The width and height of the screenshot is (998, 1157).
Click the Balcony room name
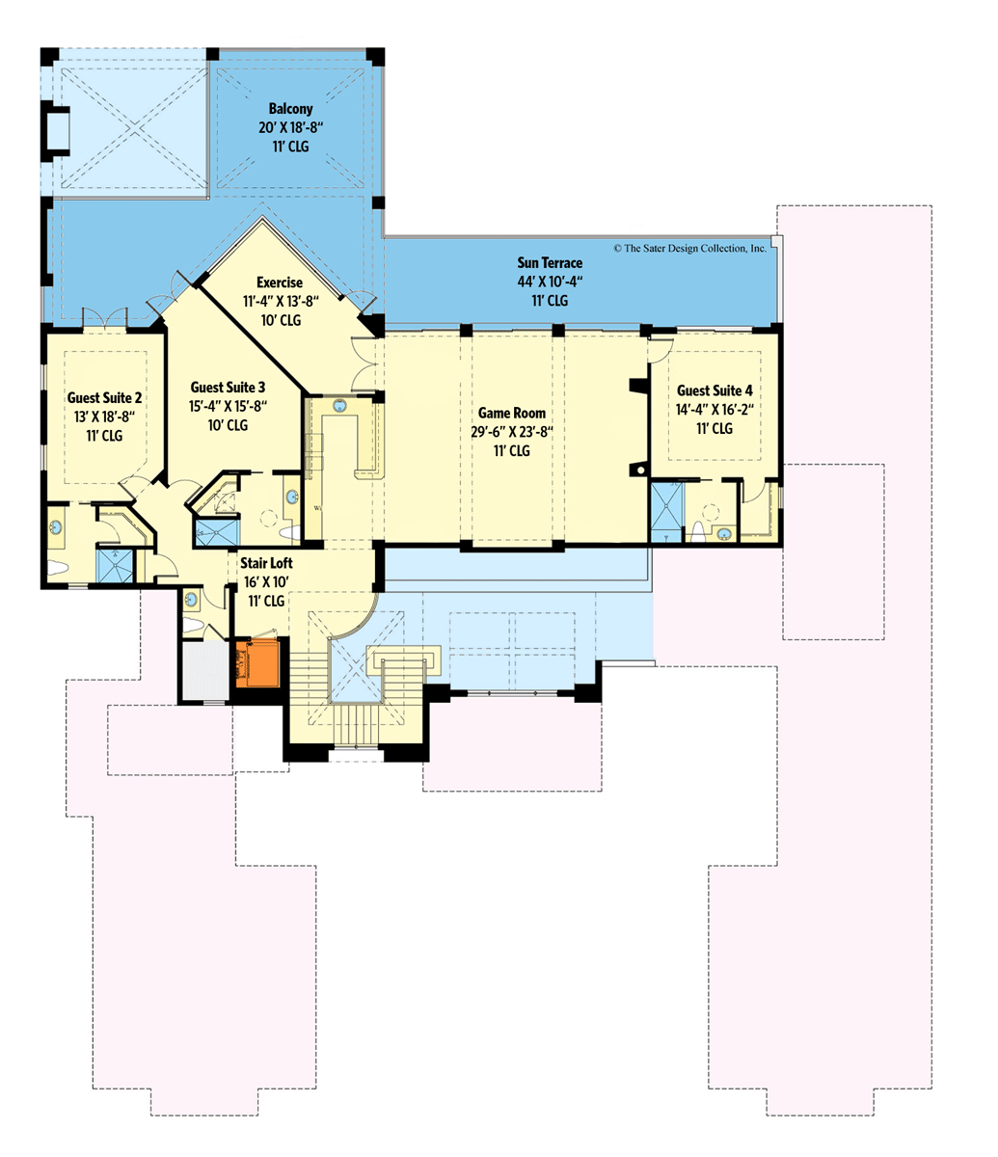coord(290,109)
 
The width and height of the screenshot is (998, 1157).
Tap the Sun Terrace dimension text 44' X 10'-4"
coord(550,282)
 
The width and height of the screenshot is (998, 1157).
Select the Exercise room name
coord(280,283)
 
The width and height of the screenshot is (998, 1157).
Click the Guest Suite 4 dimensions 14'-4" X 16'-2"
coord(715,409)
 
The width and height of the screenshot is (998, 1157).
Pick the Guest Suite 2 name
coord(105,397)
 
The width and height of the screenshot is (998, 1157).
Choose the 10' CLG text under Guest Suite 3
coord(228,425)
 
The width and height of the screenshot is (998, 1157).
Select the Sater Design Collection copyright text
coord(689,248)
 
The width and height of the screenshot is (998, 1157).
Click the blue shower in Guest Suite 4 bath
coord(665,511)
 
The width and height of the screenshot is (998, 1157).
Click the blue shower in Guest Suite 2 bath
coord(116,565)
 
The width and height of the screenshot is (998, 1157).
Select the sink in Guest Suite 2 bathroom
coord(56,528)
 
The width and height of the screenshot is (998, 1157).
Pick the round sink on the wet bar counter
coord(340,406)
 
